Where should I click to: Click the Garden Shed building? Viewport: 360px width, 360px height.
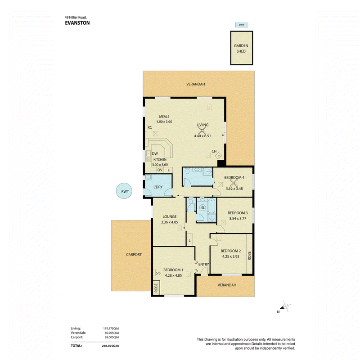(242, 48)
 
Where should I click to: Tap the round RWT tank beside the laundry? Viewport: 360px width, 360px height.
(124, 191)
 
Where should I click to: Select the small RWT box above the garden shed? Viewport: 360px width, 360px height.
(242, 25)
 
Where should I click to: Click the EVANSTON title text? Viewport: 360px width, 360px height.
(77, 23)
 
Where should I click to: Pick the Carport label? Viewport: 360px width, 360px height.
(134, 254)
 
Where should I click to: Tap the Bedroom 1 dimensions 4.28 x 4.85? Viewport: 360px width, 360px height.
(173, 275)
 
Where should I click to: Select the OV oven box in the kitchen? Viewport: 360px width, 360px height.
(160, 170)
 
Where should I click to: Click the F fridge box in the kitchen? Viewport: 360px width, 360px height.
(169, 170)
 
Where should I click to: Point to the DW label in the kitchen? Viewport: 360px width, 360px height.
(155, 153)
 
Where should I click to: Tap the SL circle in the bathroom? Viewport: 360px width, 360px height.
(203, 208)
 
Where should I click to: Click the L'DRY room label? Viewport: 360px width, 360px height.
(158, 187)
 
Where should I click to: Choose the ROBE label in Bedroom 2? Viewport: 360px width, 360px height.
(250, 256)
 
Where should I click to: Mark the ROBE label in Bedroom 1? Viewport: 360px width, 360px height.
(156, 288)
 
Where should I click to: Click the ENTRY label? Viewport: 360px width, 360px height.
(204, 265)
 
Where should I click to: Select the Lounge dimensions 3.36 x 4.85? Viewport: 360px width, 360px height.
(170, 222)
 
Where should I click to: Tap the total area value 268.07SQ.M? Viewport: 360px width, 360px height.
(110, 346)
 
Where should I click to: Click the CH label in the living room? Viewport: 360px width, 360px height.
(214, 151)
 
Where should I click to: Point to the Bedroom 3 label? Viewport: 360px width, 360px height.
(238, 213)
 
